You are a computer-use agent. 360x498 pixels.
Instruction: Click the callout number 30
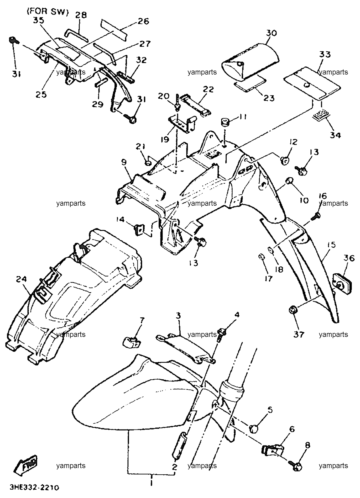[x=271, y=33]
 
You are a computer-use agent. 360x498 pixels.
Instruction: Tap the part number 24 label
[x=22, y=279]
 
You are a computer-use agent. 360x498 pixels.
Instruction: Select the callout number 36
[x=348, y=258]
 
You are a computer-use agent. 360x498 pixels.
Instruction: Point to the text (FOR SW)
[x=48, y=12]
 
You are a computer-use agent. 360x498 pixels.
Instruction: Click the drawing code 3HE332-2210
[x=35, y=488]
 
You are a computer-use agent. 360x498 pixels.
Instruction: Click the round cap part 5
[x=253, y=429]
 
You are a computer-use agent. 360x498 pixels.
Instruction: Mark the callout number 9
[x=124, y=162]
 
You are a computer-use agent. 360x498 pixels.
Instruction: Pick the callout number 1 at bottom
[x=151, y=483]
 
